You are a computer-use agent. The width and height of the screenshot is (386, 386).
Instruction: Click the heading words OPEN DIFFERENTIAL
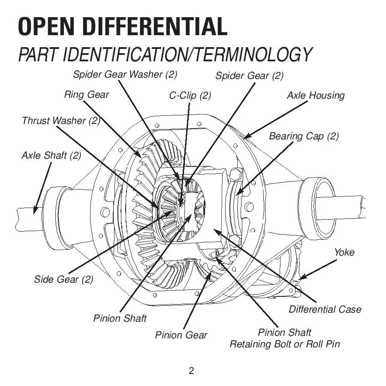click(x=122, y=27)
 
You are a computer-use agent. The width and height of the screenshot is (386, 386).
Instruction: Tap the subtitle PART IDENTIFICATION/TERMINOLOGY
click(x=165, y=55)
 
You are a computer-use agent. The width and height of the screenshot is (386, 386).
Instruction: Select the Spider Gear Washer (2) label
click(x=125, y=74)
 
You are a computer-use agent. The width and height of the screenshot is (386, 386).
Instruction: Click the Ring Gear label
click(x=87, y=94)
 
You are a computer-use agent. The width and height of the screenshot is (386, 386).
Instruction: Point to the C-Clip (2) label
click(x=190, y=95)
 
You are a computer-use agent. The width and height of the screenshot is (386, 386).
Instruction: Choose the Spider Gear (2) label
click(x=249, y=76)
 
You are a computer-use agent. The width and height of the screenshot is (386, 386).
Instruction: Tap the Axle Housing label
click(x=315, y=95)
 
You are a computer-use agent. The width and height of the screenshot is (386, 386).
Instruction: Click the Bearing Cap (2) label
click(x=304, y=136)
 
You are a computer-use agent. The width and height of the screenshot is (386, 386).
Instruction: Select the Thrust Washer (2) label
click(x=61, y=121)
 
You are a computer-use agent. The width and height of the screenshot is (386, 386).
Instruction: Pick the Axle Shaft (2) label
click(x=51, y=155)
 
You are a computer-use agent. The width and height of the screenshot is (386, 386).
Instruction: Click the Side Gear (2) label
click(x=63, y=279)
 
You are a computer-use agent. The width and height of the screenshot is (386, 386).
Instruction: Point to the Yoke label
click(x=344, y=252)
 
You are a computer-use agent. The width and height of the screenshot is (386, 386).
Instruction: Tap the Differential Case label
click(x=325, y=309)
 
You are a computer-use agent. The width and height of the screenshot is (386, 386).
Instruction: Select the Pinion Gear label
click(x=181, y=335)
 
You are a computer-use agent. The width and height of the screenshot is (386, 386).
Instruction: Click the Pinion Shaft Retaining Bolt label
click(x=285, y=338)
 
